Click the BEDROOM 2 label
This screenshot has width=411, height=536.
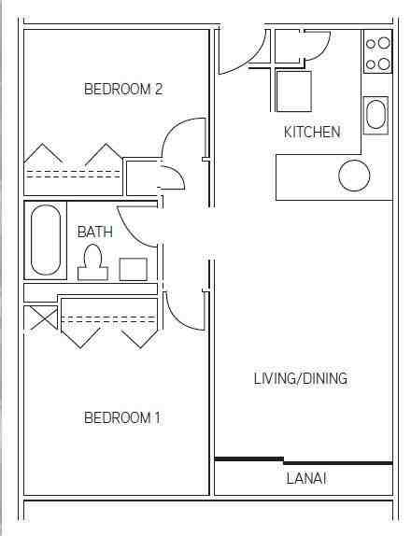pyautogui.click(x=123, y=90)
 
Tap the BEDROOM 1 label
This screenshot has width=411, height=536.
pyautogui.click(x=122, y=417)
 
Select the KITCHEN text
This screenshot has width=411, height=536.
pyautogui.click(x=312, y=132)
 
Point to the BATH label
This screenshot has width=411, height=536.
pyautogui.click(x=94, y=231)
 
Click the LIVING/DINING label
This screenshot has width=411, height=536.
pyautogui.click(x=301, y=378)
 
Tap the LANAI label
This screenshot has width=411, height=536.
pyautogui.click(x=305, y=479)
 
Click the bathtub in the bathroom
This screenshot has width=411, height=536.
pyautogui.click(x=47, y=240)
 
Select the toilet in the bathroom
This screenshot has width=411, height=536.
pyautogui.click(x=92, y=262)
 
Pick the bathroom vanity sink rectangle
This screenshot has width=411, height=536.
pyautogui.click(x=133, y=269)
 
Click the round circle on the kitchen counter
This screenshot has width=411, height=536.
pyautogui.click(x=354, y=176)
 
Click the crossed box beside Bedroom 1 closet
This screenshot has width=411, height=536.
pyautogui.click(x=41, y=318)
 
